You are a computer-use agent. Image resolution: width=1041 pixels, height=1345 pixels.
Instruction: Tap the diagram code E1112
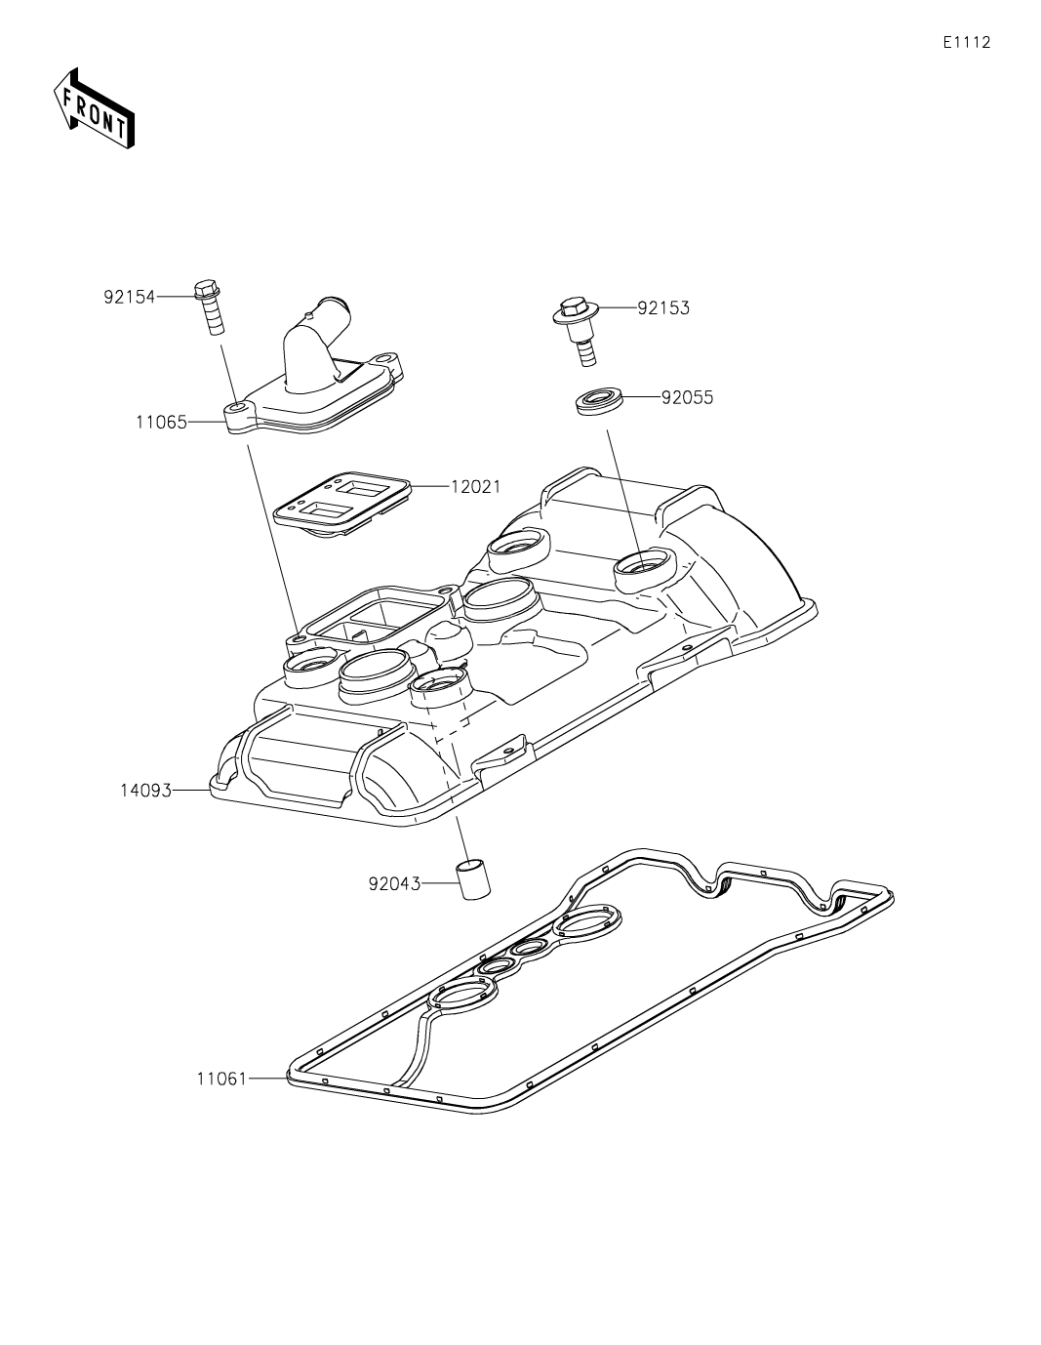pos(966,42)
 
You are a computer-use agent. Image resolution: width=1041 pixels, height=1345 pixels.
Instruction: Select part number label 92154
pos(130,297)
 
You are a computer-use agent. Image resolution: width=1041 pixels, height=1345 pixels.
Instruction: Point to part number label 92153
pos(663,308)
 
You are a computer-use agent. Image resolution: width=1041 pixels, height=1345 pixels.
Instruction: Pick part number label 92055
pos(687,398)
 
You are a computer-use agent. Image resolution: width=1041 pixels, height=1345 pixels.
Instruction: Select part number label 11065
pos(161,423)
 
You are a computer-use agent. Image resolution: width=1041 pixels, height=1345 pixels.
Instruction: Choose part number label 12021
pos(475,486)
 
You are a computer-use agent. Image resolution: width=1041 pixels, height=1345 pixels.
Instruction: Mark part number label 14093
pos(145,791)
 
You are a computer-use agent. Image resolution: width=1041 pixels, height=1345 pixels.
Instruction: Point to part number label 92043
pos(394,884)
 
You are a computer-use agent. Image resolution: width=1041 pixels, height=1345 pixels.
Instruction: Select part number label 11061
pos(221,1079)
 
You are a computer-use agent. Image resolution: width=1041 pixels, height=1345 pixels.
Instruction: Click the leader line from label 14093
pos(191,791)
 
